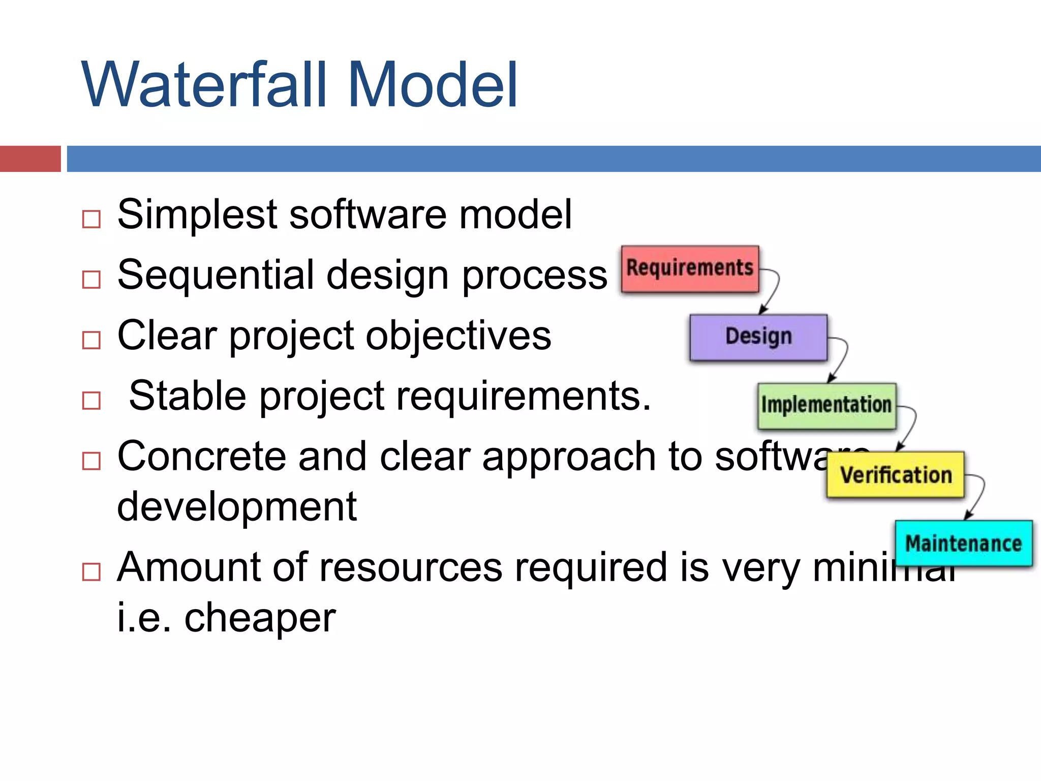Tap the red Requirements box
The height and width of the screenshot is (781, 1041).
coord(690,268)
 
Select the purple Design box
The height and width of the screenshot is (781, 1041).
coord(758,337)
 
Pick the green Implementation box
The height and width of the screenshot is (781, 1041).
coord(826,406)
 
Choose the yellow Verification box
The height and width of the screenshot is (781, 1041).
coord(895,475)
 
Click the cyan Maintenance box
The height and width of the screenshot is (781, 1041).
coord(963,543)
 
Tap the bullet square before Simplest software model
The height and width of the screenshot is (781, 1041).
coord(91,219)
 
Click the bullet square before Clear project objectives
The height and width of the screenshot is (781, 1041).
coord(91,340)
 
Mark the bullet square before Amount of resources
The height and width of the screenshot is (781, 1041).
coord(91,572)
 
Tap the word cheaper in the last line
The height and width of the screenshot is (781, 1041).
coord(259,618)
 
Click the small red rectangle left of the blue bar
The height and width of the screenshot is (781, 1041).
coord(30,159)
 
